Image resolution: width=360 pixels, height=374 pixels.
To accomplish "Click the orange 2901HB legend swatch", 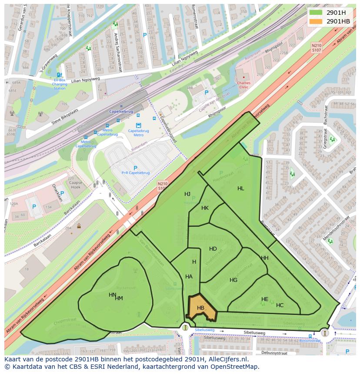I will (x=316, y=21).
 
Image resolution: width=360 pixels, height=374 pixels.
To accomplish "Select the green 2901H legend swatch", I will (x=316, y=13).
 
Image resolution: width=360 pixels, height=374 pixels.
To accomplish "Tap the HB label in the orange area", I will (x=200, y=308).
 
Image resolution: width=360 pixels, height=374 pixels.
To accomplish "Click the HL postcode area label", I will (x=241, y=189).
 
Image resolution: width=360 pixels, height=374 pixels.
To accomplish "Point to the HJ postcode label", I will (x=187, y=194).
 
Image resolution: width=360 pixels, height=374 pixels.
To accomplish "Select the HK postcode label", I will (x=205, y=208).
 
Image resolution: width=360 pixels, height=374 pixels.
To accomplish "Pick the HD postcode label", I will (x=213, y=249).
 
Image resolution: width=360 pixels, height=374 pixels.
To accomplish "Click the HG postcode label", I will (x=233, y=280).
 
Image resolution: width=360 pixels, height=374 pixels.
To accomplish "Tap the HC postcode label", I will (x=280, y=305).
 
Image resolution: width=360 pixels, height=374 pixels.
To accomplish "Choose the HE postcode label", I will (x=265, y=299).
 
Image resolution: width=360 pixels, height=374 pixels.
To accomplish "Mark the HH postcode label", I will (x=265, y=258).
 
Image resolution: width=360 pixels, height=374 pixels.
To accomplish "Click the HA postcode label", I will (x=189, y=277).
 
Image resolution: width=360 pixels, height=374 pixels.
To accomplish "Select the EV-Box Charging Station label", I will (x=60, y=84).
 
